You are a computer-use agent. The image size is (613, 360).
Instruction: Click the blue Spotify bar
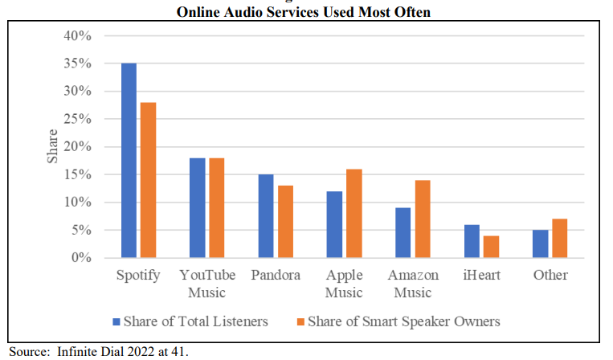129,161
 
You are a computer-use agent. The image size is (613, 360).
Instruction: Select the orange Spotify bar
148,180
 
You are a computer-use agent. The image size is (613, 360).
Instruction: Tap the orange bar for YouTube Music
217,208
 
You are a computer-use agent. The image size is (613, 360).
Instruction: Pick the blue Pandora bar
266,216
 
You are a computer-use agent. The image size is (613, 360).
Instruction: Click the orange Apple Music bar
354,214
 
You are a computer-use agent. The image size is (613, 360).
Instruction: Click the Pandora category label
276,276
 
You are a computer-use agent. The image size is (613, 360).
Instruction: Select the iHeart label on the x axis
482,276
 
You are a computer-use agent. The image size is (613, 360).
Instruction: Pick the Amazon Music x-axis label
413,284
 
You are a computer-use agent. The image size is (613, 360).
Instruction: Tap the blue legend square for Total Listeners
116,322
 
